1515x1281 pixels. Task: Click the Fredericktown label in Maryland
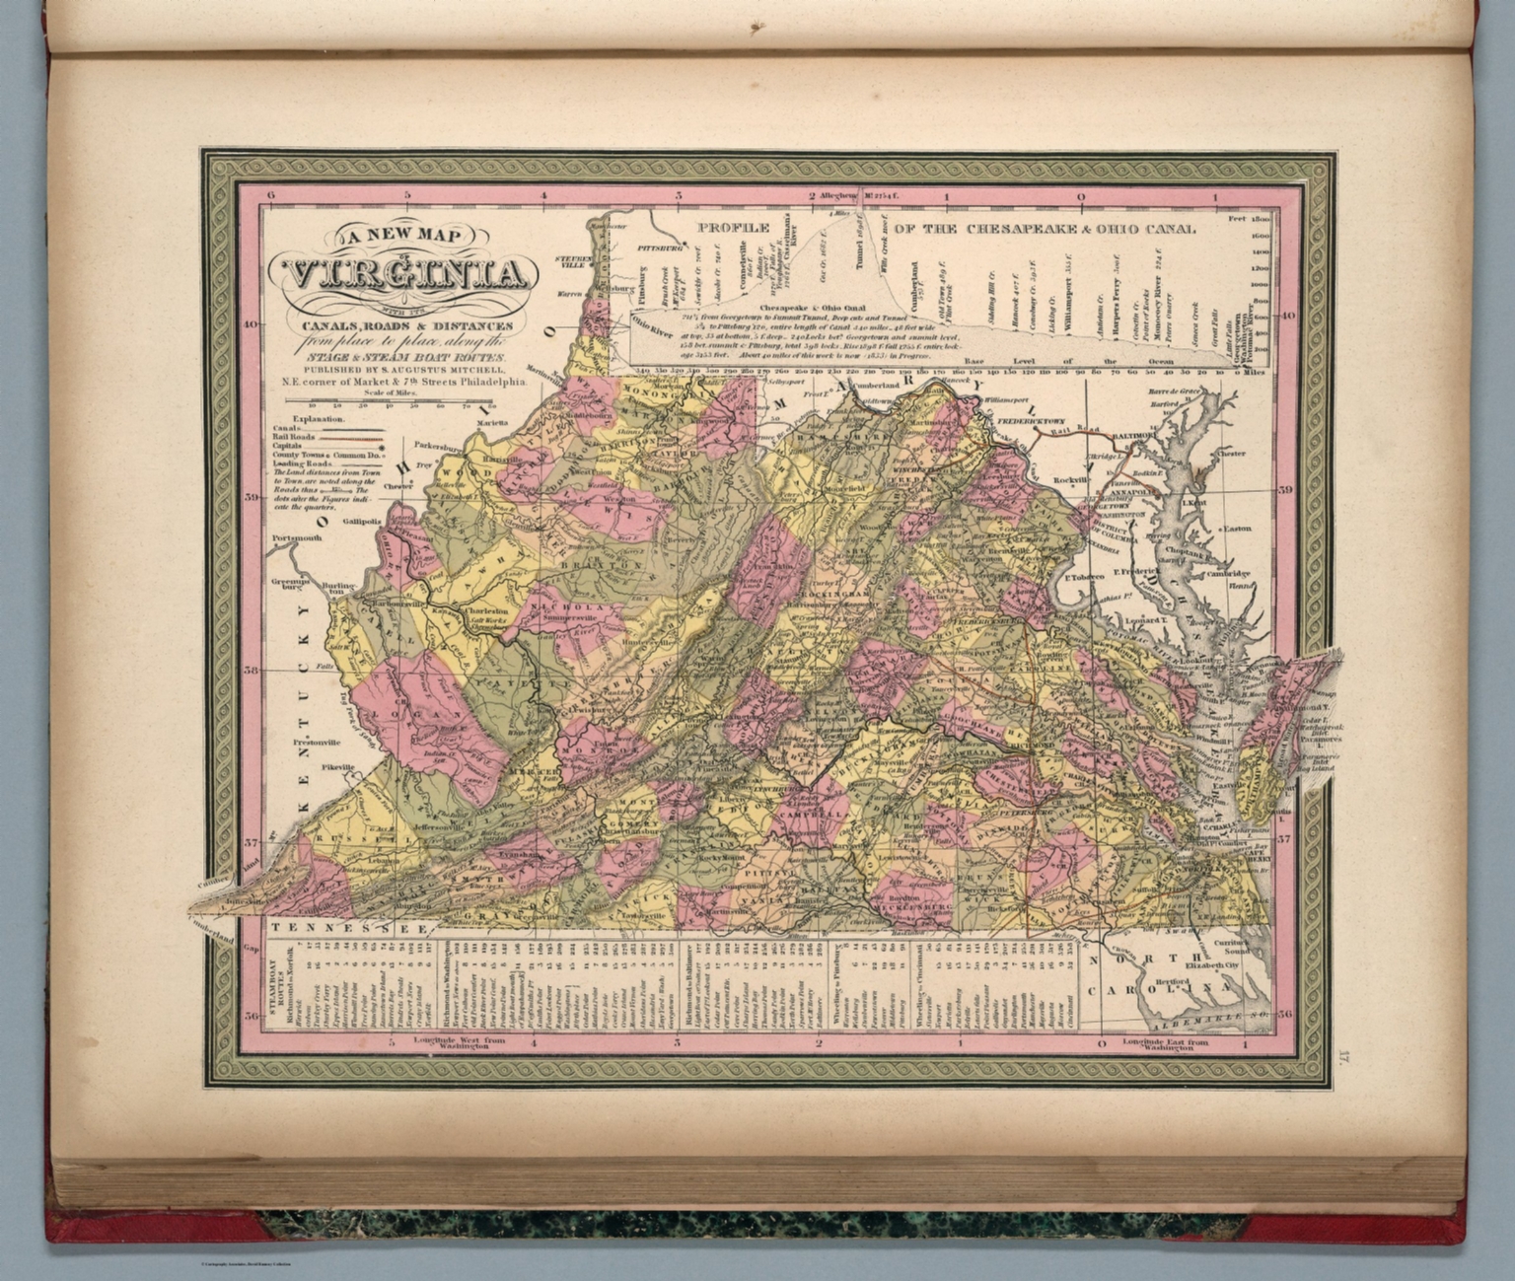tap(1030, 419)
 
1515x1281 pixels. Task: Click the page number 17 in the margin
tap(1343, 1058)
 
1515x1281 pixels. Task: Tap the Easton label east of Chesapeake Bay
tap(1237, 529)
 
